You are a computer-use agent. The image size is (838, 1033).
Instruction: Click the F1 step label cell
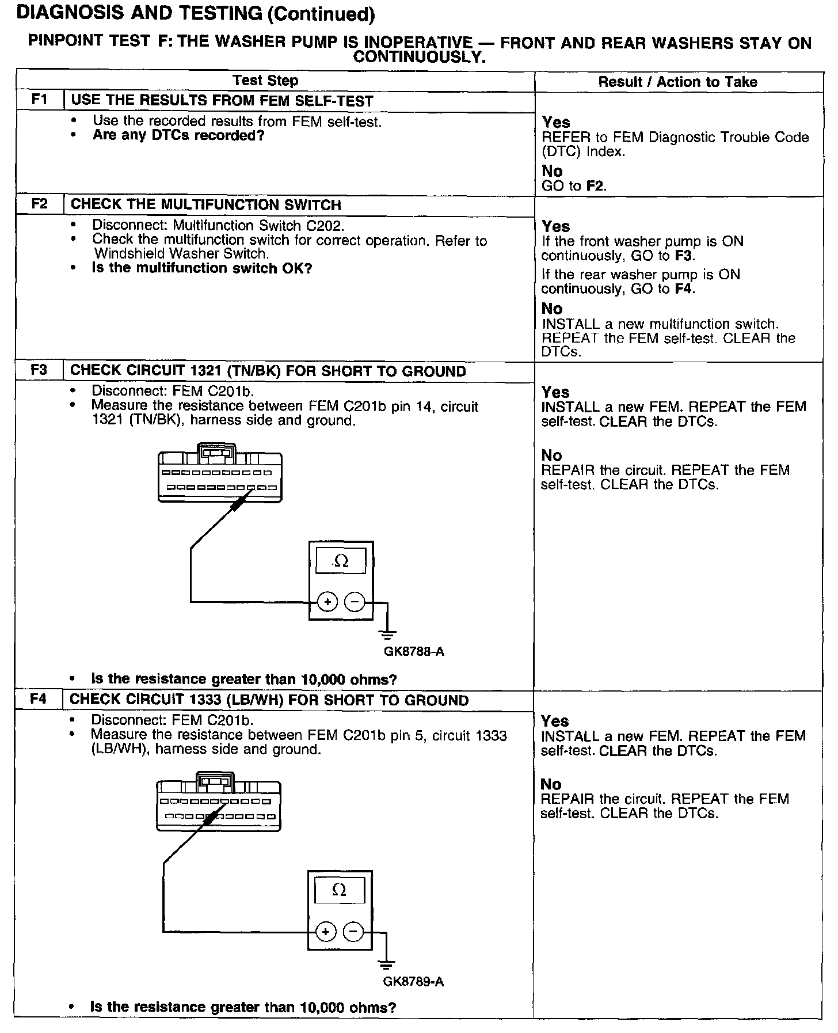[x=39, y=100]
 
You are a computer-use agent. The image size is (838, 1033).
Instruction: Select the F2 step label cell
[x=39, y=204]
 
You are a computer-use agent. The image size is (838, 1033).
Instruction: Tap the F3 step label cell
[x=39, y=370]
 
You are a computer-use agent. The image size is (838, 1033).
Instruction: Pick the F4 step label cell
[x=38, y=700]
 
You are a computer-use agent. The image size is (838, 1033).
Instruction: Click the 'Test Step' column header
[x=265, y=81]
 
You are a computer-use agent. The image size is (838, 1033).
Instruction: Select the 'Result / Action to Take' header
[x=677, y=82]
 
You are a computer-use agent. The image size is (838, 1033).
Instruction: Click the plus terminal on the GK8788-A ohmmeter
[x=327, y=602]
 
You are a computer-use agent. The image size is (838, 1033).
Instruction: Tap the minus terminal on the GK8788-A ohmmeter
[x=355, y=602]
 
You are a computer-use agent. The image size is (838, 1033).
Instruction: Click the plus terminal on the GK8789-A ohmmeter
[x=326, y=932]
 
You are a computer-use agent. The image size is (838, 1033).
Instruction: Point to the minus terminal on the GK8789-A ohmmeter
[x=353, y=932]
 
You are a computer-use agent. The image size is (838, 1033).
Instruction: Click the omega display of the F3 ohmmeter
[x=341, y=561]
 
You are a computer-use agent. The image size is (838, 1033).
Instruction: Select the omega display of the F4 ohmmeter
[x=340, y=890]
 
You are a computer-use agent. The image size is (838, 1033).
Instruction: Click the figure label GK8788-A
[x=414, y=652]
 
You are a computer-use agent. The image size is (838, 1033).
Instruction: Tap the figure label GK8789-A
[x=413, y=982]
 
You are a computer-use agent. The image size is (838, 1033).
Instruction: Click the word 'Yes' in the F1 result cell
[x=556, y=122]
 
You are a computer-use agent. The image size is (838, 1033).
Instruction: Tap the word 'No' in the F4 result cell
[x=551, y=784]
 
